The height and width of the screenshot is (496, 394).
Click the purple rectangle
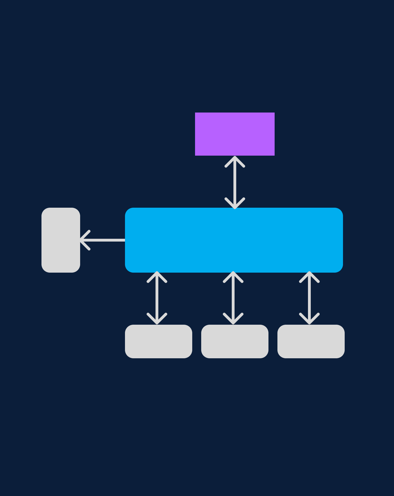tap(235, 134)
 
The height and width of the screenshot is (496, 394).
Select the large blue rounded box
tap(234, 240)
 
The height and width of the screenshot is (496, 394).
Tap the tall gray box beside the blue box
tap(61, 240)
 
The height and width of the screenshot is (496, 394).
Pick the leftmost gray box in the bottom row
tap(158, 341)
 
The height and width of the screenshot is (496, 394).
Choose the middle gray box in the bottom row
tap(235, 341)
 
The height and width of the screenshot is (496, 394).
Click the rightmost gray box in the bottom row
tap(311, 341)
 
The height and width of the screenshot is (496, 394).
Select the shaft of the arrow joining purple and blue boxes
tap(235, 182)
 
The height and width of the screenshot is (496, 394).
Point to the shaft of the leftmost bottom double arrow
tap(157, 298)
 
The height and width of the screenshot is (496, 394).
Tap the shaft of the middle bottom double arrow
tap(233, 298)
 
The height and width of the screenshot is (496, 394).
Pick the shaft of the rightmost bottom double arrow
tap(309, 298)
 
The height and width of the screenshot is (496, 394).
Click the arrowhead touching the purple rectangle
tap(235, 161)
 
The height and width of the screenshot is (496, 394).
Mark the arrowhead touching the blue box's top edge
tap(235, 204)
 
